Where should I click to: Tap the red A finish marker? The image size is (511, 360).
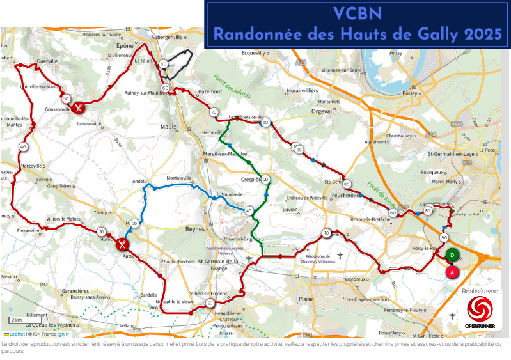point(452,272)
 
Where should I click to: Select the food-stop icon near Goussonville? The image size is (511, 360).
point(78,107)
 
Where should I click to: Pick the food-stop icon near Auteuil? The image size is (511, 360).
point(122,244)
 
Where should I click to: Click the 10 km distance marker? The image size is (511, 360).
point(327,233)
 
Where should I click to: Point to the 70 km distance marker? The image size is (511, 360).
point(213,112)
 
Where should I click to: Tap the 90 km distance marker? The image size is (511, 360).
point(443,238)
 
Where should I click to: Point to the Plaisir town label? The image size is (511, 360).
point(307,298)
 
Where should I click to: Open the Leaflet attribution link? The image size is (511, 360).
point(17,334)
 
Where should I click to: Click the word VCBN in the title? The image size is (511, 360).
point(357,13)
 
